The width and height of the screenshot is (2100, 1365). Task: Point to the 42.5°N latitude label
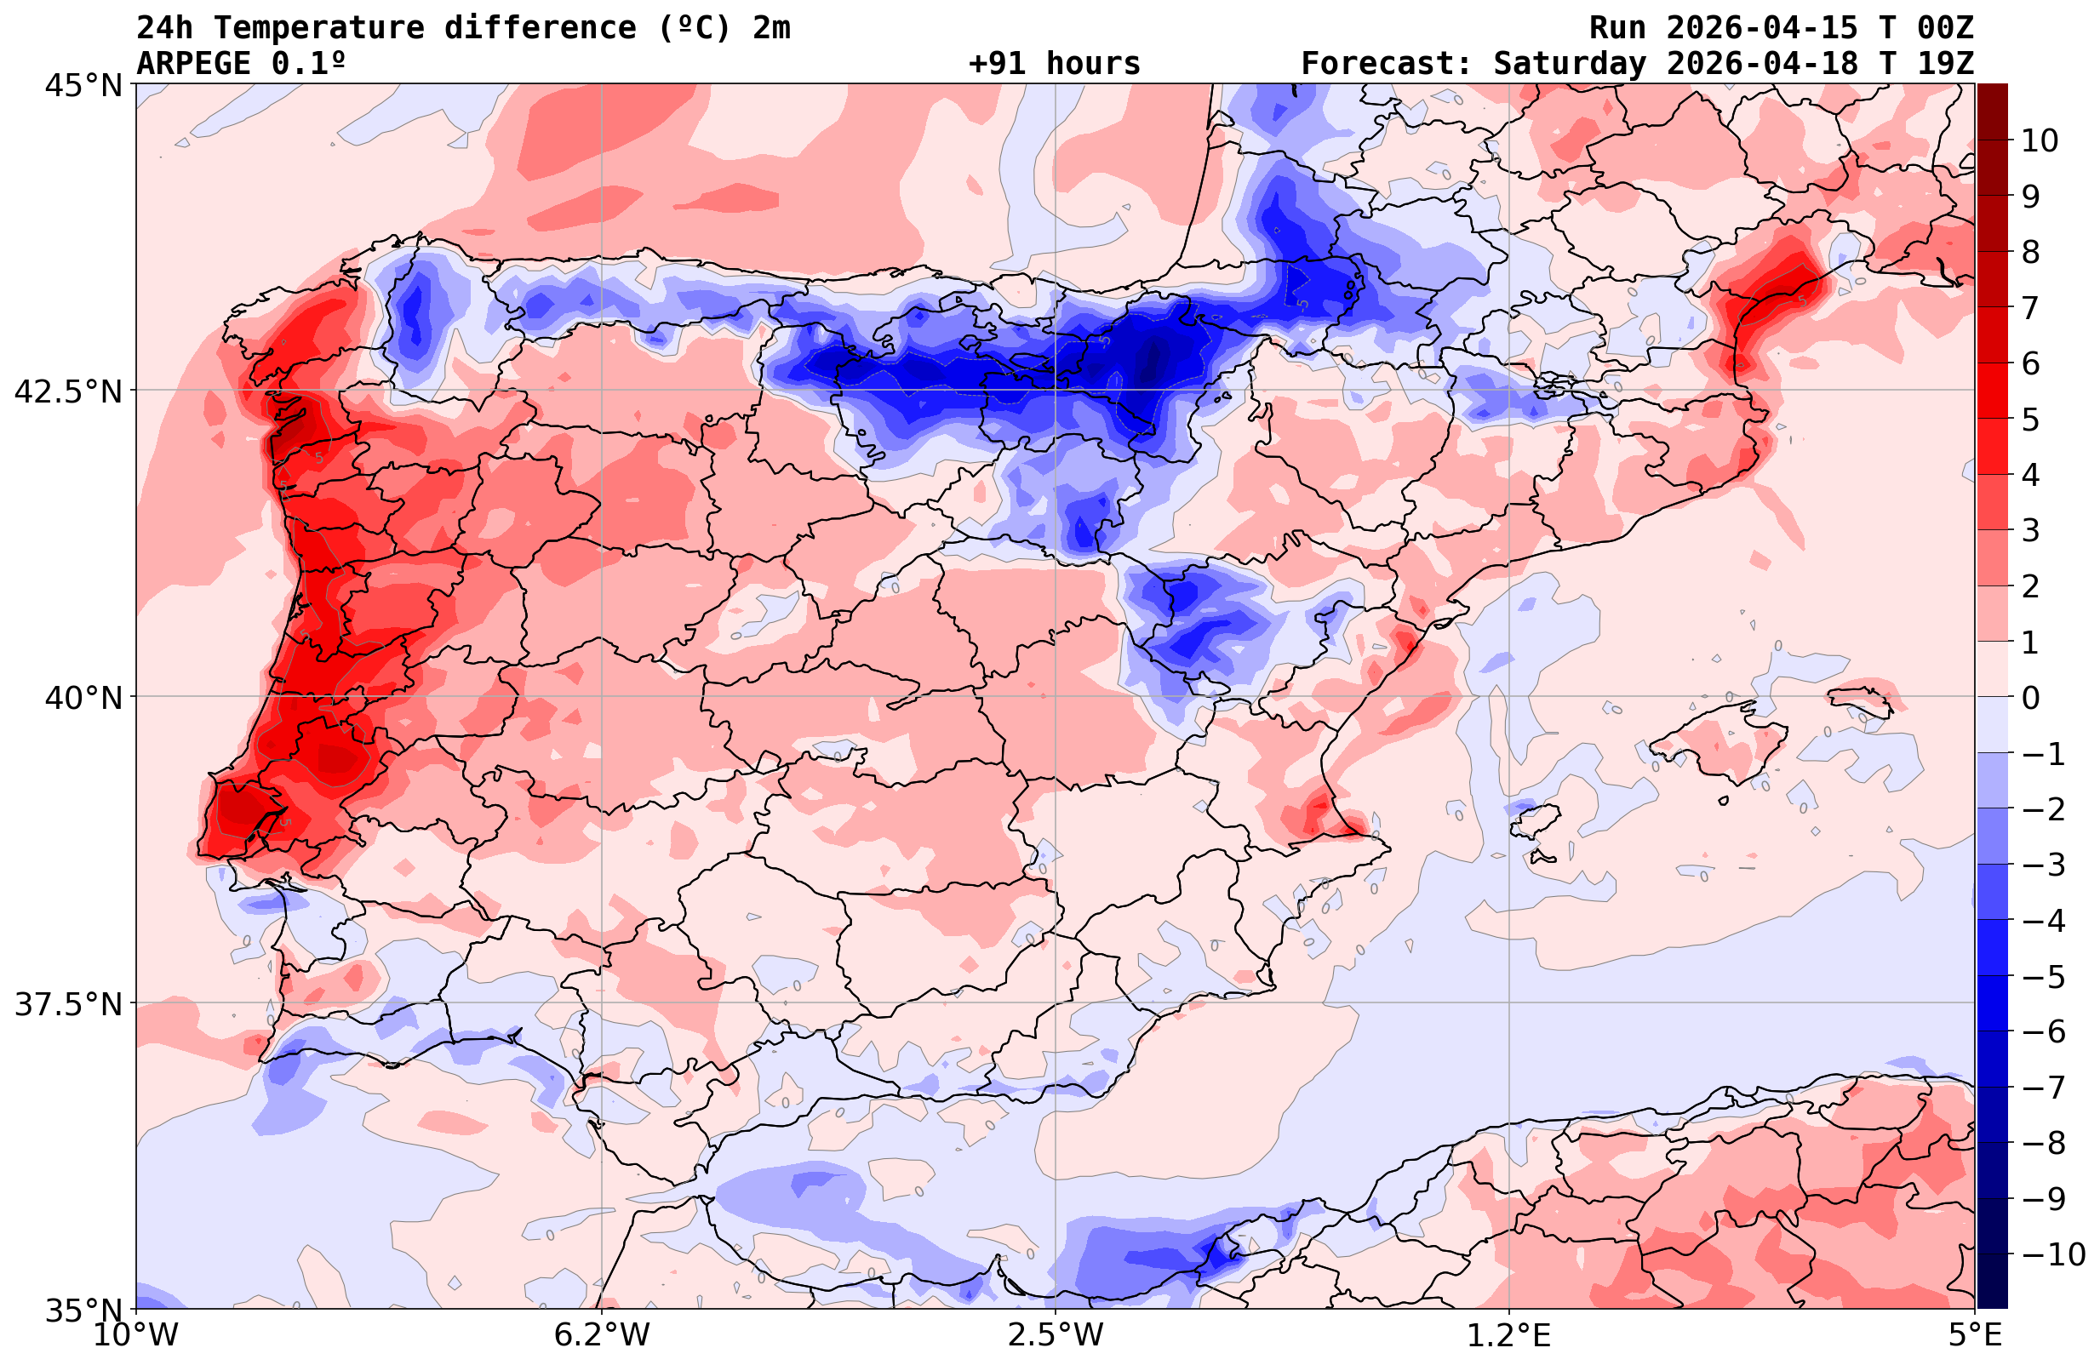click(67, 391)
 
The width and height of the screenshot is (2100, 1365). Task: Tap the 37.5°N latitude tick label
click(67, 1004)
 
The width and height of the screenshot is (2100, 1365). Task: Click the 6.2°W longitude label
click(601, 1335)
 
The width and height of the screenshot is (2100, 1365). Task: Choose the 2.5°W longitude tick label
click(1056, 1335)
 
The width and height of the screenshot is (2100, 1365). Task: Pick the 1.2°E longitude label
click(1509, 1335)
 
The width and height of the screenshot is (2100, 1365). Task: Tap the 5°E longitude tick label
click(1975, 1335)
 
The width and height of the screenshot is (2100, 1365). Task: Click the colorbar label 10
click(2038, 140)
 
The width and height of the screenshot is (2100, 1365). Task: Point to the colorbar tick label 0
click(2030, 698)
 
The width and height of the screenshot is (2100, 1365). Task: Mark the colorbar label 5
click(2030, 420)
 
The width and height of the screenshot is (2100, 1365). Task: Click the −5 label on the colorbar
click(2042, 977)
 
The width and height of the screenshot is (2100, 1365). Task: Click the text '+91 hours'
click(1054, 64)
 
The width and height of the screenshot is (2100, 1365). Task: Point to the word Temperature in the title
click(318, 28)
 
